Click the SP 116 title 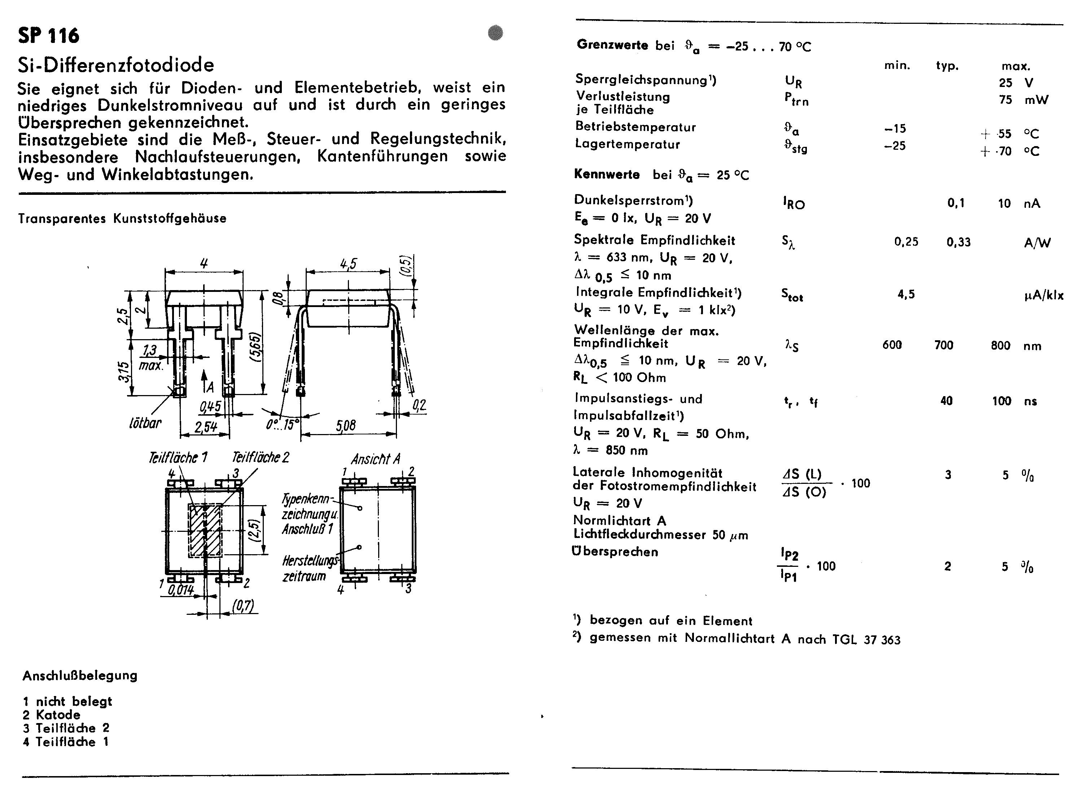(x=49, y=36)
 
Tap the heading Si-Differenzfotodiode (x=116, y=65)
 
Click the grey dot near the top (x=495, y=33)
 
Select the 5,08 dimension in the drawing (x=345, y=425)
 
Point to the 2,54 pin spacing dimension (x=206, y=426)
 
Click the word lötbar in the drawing (x=145, y=423)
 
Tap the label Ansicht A (x=375, y=459)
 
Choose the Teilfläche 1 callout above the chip (x=178, y=458)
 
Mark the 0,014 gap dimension (x=181, y=590)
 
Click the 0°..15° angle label (x=283, y=424)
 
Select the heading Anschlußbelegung (x=80, y=675)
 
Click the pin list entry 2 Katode (x=52, y=714)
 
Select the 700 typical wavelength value (x=943, y=345)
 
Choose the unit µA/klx (x=1044, y=295)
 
